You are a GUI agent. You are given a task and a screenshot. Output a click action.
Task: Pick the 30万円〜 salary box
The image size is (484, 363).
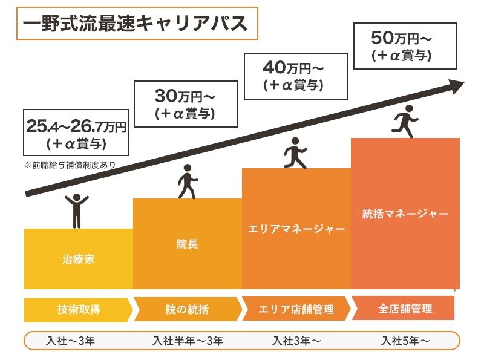point(185,104)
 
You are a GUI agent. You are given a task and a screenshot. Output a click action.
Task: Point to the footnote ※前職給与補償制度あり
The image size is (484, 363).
point(69,164)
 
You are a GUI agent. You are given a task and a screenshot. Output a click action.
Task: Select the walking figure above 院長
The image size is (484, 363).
point(186,181)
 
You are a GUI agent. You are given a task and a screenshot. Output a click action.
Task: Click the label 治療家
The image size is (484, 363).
point(79,261)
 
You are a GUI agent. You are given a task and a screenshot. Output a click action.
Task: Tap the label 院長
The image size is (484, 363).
point(188,244)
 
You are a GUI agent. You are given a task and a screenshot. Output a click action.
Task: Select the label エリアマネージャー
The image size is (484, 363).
point(296,229)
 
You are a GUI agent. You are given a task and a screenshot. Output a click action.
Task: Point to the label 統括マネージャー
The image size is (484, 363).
point(405,214)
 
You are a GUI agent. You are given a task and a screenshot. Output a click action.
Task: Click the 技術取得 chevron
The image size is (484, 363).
point(79,310)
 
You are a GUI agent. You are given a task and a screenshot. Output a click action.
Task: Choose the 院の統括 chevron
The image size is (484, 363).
point(188,310)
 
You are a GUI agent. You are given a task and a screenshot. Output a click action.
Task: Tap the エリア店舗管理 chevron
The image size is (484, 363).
point(296,310)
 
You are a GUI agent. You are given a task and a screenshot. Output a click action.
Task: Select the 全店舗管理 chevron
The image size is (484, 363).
point(404,309)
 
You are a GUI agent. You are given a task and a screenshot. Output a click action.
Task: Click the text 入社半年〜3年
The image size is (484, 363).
point(188,341)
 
